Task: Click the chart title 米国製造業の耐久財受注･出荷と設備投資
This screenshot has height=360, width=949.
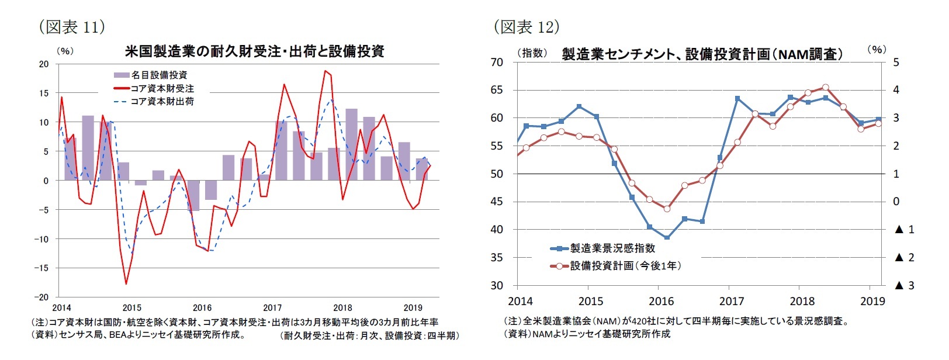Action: pyautogui.click(x=254, y=51)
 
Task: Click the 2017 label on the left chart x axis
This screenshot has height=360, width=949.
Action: pyautogui.click(x=272, y=307)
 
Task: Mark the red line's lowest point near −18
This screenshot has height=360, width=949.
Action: pyautogui.click(x=126, y=284)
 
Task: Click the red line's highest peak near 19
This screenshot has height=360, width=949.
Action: pyautogui.click(x=325, y=71)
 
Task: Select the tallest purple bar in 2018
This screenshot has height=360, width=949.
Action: pyautogui.click(x=351, y=144)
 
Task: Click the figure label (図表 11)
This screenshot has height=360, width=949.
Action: pyautogui.click(x=71, y=26)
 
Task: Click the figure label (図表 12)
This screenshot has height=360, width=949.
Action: pyautogui.click(x=527, y=26)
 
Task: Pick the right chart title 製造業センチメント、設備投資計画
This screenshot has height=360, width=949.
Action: pyautogui.click(x=702, y=54)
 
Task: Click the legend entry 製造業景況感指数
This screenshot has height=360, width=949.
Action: pyautogui.click(x=612, y=248)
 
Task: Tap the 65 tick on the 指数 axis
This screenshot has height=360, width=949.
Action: pyautogui.click(x=497, y=90)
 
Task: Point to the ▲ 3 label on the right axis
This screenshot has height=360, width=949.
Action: pyautogui.click(x=905, y=286)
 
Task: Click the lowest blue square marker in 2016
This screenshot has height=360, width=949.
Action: pyautogui.click(x=667, y=238)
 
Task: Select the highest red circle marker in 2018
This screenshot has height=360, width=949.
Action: pyautogui.click(x=825, y=87)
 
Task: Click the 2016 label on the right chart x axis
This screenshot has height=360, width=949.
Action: pyautogui.click(x=661, y=302)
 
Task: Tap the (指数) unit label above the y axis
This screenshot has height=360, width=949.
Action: pyautogui.click(x=531, y=53)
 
